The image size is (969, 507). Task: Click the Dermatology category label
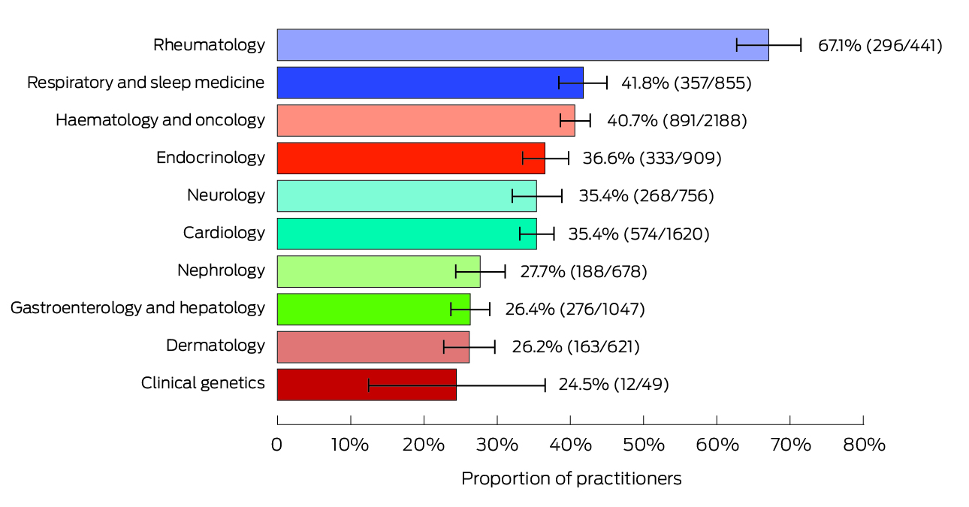[x=216, y=346]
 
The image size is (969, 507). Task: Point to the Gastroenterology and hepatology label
[x=137, y=308]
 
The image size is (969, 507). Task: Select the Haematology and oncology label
[x=160, y=120]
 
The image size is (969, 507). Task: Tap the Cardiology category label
[x=224, y=233]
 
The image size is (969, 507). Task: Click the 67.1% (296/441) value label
[x=880, y=45]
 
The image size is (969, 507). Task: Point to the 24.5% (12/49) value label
[x=613, y=385]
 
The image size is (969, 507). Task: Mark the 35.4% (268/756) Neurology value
[x=646, y=196]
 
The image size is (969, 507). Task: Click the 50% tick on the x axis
[x=644, y=445]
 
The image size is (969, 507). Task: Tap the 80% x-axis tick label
[x=863, y=445]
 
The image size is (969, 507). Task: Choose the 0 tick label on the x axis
[x=277, y=445]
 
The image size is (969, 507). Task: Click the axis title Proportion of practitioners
[x=571, y=478]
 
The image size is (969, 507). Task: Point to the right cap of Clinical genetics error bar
[x=545, y=385]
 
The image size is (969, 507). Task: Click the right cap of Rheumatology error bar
[x=801, y=45]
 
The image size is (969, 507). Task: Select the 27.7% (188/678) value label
[x=583, y=271]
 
